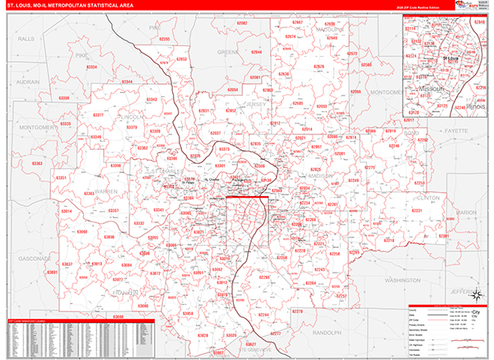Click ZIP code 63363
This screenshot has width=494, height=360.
click(37, 164)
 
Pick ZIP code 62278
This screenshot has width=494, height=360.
click(297, 311)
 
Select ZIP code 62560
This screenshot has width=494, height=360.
click(366, 63)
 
